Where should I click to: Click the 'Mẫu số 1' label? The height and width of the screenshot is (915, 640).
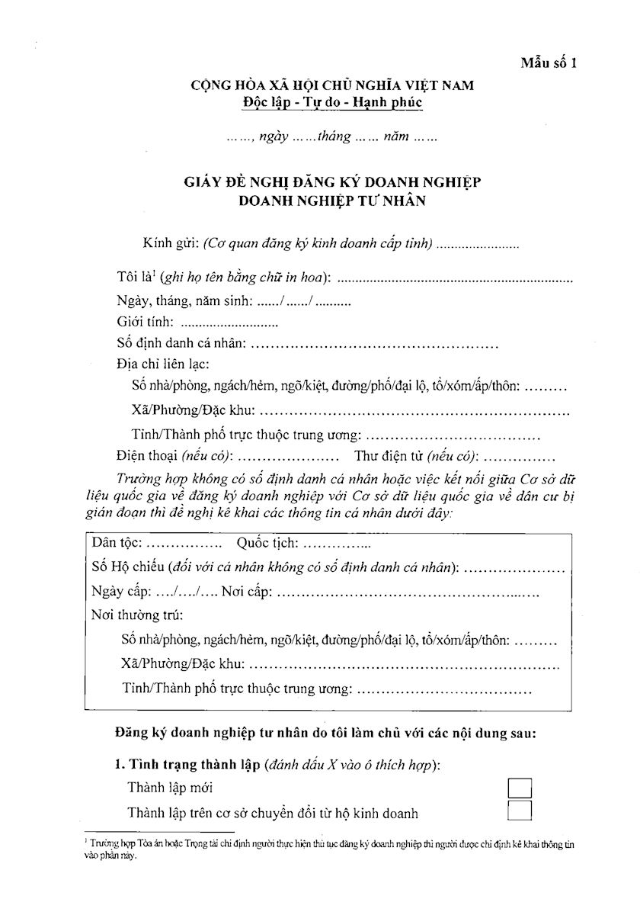click(549, 63)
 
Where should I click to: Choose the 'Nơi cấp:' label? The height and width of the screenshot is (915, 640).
click(245, 591)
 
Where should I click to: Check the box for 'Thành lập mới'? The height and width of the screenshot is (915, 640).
click(519, 788)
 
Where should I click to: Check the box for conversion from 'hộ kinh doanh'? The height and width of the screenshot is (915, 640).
click(519, 811)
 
